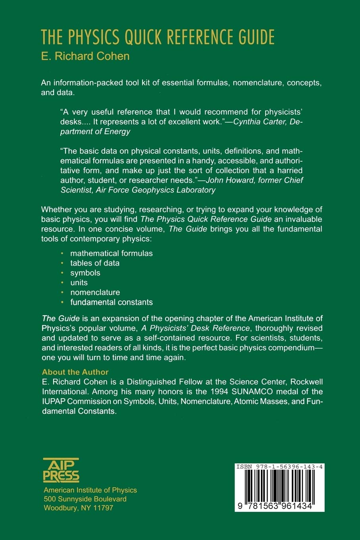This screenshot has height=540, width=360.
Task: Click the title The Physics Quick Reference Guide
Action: [158, 38]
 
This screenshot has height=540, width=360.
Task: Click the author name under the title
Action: [85, 56]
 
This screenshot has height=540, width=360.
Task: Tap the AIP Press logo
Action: [61, 470]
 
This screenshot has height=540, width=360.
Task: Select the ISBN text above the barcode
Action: [279, 467]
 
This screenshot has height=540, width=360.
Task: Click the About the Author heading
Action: [75, 372]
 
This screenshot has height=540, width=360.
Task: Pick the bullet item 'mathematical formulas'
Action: [112, 253]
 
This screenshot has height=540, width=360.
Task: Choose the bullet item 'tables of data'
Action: [95, 263]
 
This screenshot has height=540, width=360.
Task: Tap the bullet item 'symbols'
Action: [85, 273]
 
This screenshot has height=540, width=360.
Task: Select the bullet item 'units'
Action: [79, 283]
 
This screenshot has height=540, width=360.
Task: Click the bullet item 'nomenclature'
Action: [95, 293]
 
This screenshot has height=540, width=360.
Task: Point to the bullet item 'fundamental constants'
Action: [112, 302]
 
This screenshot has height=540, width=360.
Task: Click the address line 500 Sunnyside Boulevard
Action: [85, 499]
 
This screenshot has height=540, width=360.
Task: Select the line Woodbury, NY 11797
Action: [78, 508]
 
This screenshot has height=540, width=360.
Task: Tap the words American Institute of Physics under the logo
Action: [90, 490]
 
